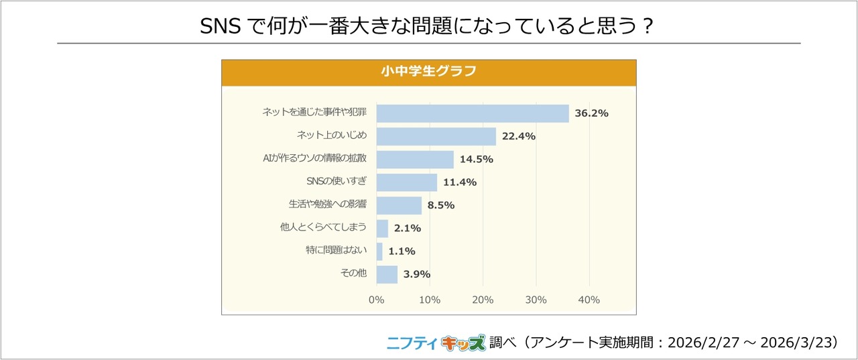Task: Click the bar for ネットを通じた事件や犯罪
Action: point(473,113)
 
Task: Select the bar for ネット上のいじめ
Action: point(436,136)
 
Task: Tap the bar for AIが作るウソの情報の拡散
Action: point(415,159)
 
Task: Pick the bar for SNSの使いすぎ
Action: point(406,182)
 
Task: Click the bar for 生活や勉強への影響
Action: point(399,205)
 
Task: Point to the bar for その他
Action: point(387,274)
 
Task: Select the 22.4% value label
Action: point(518,136)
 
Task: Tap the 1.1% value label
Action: point(402,251)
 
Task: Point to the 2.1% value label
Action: point(408,228)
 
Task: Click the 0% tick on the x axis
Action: point(377,300)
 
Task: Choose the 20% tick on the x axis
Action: point(483,300)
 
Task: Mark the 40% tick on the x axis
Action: point(589,300)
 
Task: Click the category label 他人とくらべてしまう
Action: point(323,228)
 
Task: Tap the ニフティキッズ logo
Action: point(436,343)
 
